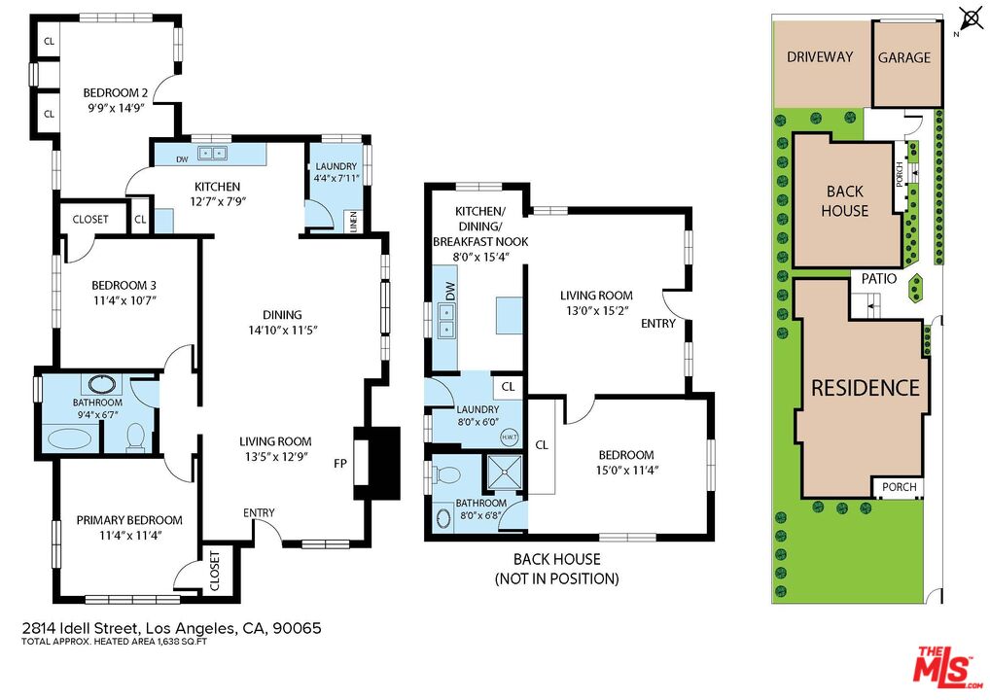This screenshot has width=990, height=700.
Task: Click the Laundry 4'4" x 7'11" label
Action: [x=335, y=172]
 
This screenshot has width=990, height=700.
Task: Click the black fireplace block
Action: [x=379, y=463]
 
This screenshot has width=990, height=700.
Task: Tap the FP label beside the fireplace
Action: [x=339, y=464]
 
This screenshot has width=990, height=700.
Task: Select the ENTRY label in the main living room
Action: [x=259, y=513]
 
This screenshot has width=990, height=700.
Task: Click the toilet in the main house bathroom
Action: [x=136, y=437]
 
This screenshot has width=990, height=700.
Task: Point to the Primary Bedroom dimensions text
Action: [x=130, y=535]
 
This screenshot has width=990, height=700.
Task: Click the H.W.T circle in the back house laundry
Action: [x=509, y=437]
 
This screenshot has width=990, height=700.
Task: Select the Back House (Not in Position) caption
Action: [x=556, y=569]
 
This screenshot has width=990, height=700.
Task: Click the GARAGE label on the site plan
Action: [x=904, y=57]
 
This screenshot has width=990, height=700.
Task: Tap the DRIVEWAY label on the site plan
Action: [x=820, y=56]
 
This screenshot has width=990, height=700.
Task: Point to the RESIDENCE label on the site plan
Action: [x=866, y=388]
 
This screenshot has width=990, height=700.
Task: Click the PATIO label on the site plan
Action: [x=878, y=278]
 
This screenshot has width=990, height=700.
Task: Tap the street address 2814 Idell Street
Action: [x=171, y=628]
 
